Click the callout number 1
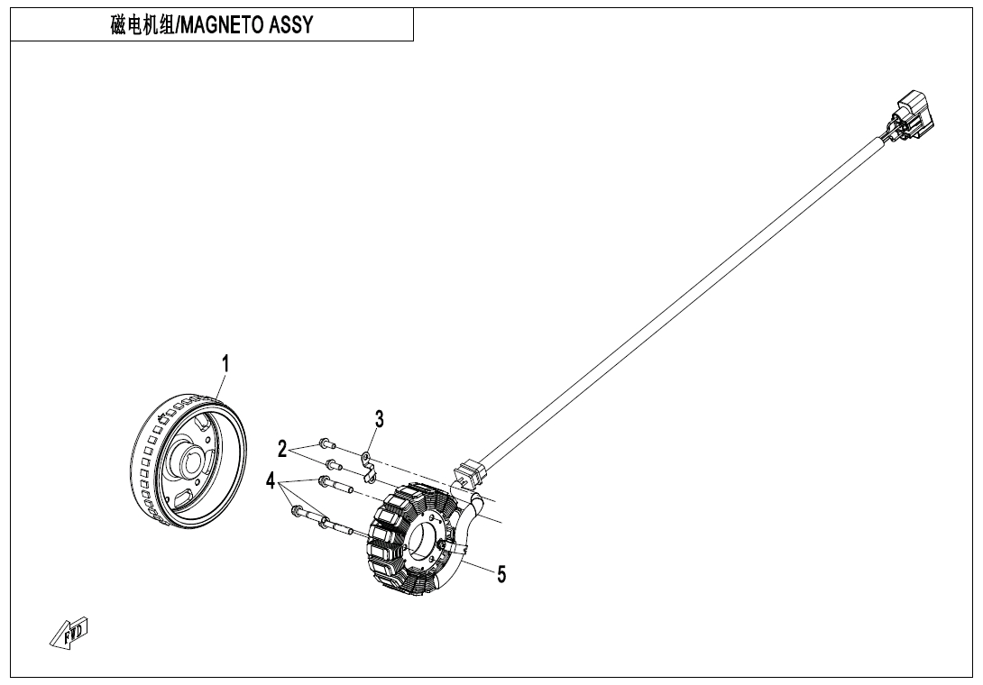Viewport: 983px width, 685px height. [x=225, y=363]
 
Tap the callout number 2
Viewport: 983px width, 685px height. [x=282, y=448]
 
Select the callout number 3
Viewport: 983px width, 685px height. [x=380, y=418]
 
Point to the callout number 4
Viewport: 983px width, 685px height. [x=270, y=482]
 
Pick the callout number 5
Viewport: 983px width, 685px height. [x=501, y=573]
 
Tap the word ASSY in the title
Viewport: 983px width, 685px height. [x=290, y=25]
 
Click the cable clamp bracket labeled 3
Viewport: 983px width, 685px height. [x=369, y=468]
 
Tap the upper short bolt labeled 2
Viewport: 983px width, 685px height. [x=326, y=444]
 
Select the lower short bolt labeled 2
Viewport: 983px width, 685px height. [x=333, y=465]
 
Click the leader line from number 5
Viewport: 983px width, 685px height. [x=477, y=567]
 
